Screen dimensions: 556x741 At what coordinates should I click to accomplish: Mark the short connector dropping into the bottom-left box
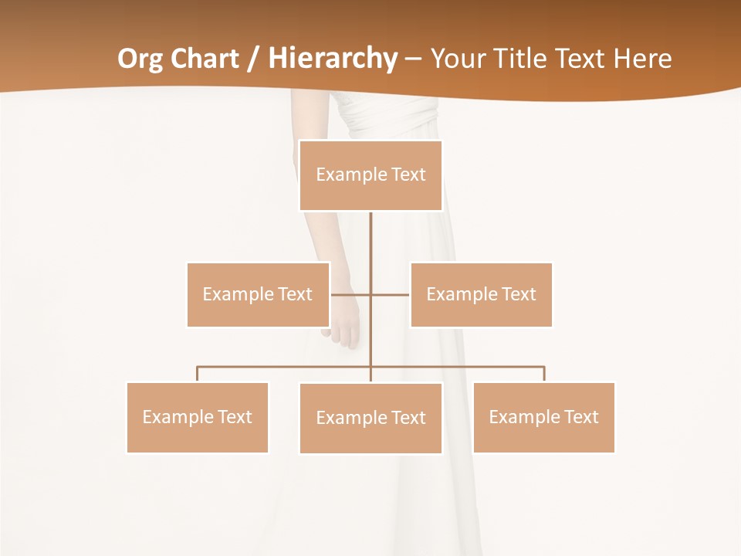click(x=198, y=374)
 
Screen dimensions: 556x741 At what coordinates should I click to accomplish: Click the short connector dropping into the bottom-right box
click(x=544, y=374)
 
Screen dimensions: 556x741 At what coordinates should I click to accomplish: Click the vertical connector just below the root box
click(x=370, y=239)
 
